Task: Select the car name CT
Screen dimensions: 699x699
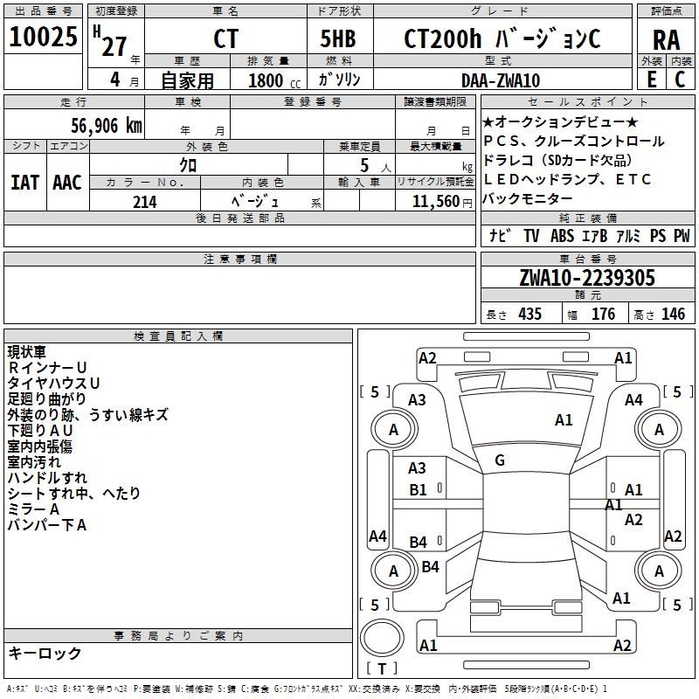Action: tap(225, 40)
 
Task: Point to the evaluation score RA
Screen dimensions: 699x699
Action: tap(666, 40)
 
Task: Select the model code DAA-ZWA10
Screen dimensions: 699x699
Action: tap(501, 80)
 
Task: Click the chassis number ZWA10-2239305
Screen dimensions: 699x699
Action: tap(586, 278)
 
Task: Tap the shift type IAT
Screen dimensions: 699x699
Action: tap(24, 183)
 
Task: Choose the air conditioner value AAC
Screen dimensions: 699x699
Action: tap(67, 183)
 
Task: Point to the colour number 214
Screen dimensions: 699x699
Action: tap(144, 202)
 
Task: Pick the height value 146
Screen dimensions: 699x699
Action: tap(673, 315)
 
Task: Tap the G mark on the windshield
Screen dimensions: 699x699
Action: tap(500, 460)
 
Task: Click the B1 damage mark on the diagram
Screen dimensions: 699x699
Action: tap(418, 489)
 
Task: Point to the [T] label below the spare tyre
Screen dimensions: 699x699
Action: tap(382, 669)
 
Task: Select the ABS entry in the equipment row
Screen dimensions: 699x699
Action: tap(563, 236)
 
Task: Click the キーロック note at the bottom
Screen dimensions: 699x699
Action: tap(45, 654)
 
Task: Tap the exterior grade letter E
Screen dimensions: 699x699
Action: tap(651, 80)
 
